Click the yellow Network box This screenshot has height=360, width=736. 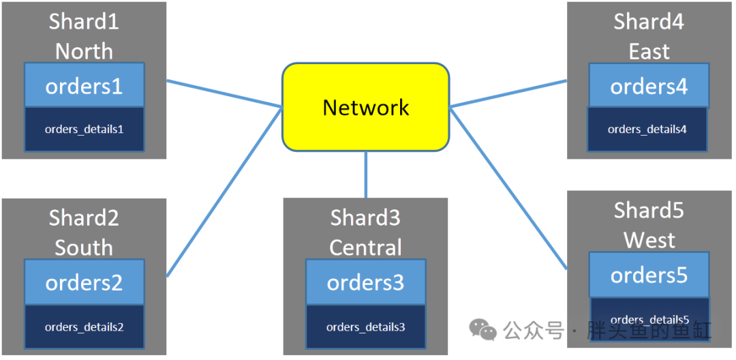click(x=366, y=107)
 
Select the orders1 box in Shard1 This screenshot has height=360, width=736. click(x=84, y=85)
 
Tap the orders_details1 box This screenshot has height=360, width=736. click(x=84, y=130)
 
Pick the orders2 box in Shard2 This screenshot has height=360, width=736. click(x=84, y=282)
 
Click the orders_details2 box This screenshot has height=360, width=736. click(x=84, y=327)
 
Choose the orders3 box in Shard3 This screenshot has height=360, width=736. click(x=366, y=282)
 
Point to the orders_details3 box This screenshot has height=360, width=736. click(x=366, y=327)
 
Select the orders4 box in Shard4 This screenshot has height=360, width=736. click(x=649, y=85)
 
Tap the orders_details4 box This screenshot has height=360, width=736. click(x=648, y=130)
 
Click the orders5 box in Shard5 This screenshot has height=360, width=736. click(x=649, y=275)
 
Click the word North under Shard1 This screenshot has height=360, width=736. click(x=84, y=51)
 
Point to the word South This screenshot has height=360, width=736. click(x=84, y=247)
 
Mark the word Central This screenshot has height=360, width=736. click(x=366, y=247)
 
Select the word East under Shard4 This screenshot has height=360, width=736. click(x=649, y=51)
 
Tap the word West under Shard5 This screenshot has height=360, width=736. click(x=649, y=240)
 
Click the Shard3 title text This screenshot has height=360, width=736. click(x=366, y=217)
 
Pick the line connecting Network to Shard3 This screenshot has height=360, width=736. click(x=366, y=175)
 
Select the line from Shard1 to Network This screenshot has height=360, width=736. click(x=224, y=94)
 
